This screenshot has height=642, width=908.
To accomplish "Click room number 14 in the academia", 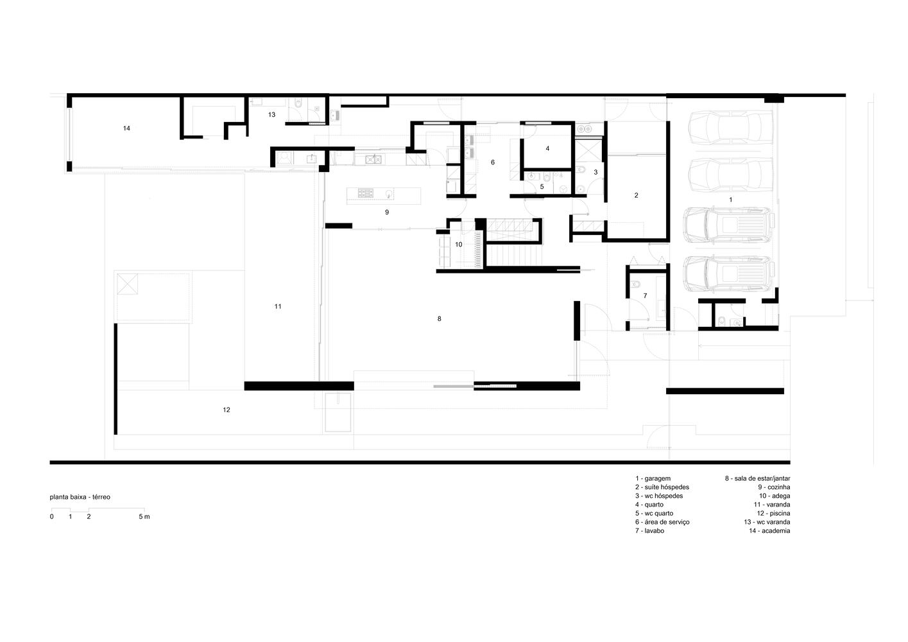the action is (x=126, y=128).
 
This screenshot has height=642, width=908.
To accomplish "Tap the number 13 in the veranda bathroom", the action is (x=271, y=115).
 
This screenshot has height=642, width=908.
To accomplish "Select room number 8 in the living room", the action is (x=440, y=319).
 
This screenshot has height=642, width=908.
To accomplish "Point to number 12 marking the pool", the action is (x=227, y=410).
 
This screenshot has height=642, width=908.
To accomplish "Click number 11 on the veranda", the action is (x=278, y=307).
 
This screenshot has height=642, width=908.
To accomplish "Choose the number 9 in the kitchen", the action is (x=387, y=212).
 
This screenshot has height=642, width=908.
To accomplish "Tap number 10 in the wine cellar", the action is (x=459, y=245).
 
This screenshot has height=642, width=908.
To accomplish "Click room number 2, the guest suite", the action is (x=637, y=195).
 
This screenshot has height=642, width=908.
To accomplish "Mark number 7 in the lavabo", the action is (x=646, y=296).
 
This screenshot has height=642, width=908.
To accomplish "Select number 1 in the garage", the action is (x=731, y=200).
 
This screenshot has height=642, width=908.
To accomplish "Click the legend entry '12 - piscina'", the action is (x=773, y=514).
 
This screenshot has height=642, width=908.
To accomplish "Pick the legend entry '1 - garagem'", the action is (x=653, y=478).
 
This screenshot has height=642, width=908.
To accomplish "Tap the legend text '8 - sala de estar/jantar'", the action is (x=758, y=478).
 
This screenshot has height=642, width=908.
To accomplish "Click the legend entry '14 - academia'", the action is (x=769, y=530).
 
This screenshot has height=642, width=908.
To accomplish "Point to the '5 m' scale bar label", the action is (x=144, y=517).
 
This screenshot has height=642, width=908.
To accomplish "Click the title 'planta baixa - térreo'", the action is (x=80, y=497).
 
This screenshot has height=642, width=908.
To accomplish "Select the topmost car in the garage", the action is (x=731, y=127).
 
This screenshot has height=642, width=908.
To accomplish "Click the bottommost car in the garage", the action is (x=729, y=273).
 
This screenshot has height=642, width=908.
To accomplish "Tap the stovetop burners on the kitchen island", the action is (x=366, y=193).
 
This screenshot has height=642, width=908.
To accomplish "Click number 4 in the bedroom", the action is (x=547, y=148).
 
